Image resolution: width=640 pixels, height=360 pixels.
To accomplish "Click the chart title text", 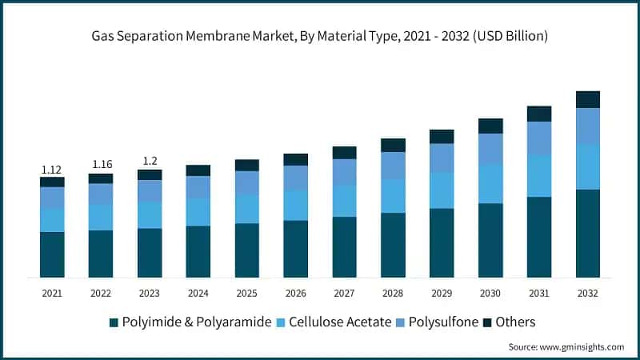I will click(320, 36).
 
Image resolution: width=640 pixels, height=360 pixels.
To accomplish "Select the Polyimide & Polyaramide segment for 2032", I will click(588, 233).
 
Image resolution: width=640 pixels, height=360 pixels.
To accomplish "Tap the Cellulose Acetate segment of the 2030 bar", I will click(490, 183).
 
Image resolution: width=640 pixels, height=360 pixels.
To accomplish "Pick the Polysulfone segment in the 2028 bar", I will click(393, 166).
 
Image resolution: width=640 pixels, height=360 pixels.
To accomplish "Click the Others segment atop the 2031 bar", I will click(539, 114).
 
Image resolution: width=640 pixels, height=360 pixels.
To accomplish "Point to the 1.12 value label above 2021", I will click(52, 170).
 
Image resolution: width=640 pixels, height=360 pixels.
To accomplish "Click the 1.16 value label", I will click(101, 164).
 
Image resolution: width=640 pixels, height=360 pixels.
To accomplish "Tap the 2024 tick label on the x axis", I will click(198, 294).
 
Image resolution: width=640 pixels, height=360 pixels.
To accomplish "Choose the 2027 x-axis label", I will click(345, 294).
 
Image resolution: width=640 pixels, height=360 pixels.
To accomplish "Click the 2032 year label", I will click(588, 294).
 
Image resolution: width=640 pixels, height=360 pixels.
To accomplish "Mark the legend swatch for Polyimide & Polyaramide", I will click(114, 322).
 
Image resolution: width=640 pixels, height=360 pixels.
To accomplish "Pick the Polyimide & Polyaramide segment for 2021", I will click(52, 254).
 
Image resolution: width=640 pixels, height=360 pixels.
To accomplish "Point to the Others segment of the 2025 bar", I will click(247, 165).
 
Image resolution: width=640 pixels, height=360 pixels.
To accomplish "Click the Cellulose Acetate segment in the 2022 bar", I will click(101, 217).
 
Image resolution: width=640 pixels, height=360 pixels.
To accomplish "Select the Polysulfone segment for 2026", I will click(296, 178).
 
